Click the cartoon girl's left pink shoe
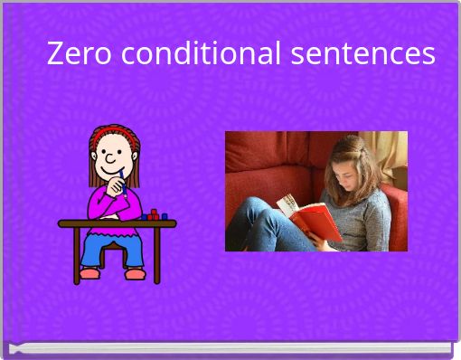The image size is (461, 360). [89, 272]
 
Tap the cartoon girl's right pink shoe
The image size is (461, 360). [135, 273]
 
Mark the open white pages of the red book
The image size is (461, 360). [288, 204]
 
